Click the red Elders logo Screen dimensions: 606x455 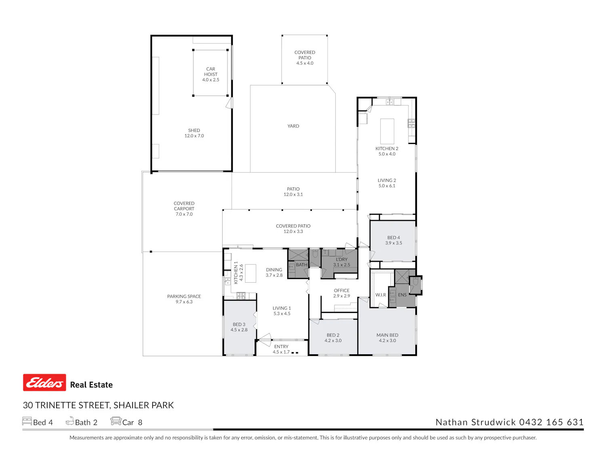click(44, 382)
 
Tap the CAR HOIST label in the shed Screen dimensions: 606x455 click(210, 72)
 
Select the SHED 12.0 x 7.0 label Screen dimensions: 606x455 click(194, 133)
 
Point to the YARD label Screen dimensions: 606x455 click(293, 126)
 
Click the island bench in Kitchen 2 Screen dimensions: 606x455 click(387, 131)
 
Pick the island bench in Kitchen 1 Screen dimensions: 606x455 click(250, 273)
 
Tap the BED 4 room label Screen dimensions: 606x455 click(393, 240)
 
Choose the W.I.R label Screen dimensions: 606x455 click(381, 295)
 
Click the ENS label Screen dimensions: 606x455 click(402, 295)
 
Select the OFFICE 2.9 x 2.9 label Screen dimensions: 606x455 click(341, 293)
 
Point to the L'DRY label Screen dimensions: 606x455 click(341, 259)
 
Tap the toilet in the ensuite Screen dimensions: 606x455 click(415, 282)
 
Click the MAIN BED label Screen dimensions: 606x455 click(387, 335)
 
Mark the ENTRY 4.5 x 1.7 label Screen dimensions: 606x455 click(281, 349)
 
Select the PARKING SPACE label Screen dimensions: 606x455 click(184, 296)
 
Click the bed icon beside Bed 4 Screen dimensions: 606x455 click(27, 421)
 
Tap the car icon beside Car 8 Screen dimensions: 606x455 click(116, 421)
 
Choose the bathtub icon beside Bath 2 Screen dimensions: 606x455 click(69, 421)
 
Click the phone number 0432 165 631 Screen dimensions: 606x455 click(551, 422)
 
